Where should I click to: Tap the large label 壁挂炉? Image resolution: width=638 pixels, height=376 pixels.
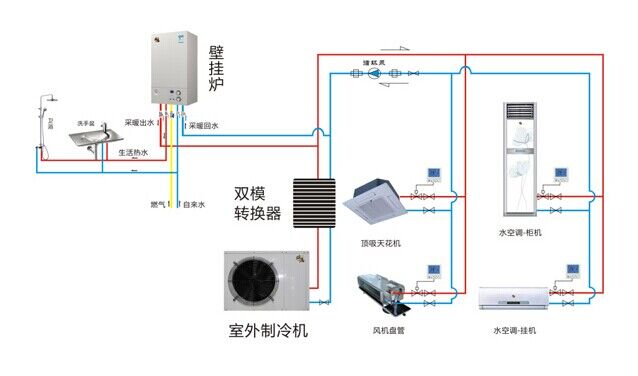[x=215, y=68]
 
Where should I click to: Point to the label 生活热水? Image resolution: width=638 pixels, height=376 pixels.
[x=133, y=153]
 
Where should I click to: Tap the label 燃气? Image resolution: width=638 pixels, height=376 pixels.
[x=156, y=204]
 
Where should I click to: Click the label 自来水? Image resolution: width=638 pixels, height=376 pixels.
[x=193, y=204]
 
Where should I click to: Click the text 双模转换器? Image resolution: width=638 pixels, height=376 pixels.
[x=257, y=203]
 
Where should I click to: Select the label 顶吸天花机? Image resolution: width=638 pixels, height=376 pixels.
[x=380, y=243]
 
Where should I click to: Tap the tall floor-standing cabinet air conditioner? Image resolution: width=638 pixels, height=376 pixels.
[x=517, y=159]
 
